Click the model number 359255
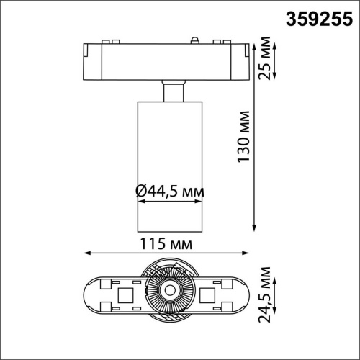[313, 15]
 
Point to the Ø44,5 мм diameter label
[169, 192]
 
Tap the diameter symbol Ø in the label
[140, 192]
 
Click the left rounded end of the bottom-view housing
[91, 294]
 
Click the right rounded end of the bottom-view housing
[248, 294]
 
